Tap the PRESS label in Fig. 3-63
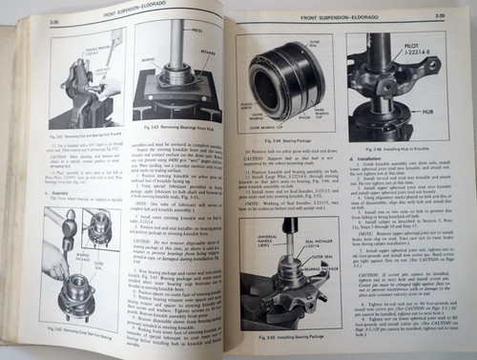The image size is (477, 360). coord(195,30)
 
